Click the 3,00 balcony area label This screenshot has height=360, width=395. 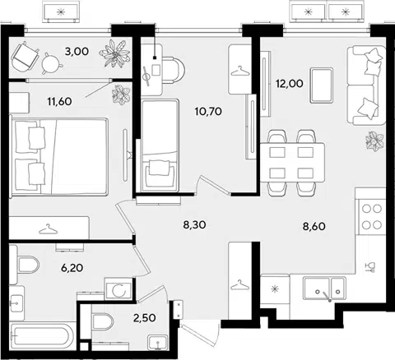tap(77, 52)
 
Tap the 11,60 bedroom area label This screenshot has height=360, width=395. tap(59, 102)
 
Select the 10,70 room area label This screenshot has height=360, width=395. tap(208, 112)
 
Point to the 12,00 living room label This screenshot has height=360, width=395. tap(290, 83)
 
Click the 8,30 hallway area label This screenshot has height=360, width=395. tap(194, 225)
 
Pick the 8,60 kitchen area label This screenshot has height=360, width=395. tap(314, 226)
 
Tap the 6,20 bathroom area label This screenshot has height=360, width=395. tap(72, 268)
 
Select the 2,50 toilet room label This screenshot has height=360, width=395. tap(145, 318)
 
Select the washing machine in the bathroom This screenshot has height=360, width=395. tap(118, 288)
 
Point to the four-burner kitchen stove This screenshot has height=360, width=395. tap(372, 217)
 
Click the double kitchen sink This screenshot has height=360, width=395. tap(324, 288)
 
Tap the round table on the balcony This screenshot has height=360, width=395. tap(51, 63)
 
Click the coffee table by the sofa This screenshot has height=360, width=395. tap(322, 85)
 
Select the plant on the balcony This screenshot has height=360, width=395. tap(114, 53)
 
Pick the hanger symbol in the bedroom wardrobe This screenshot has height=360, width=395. tap(49, 229)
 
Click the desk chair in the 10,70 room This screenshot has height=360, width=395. tap(174, 70)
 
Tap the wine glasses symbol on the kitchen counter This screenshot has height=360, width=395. tap(370, 267)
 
